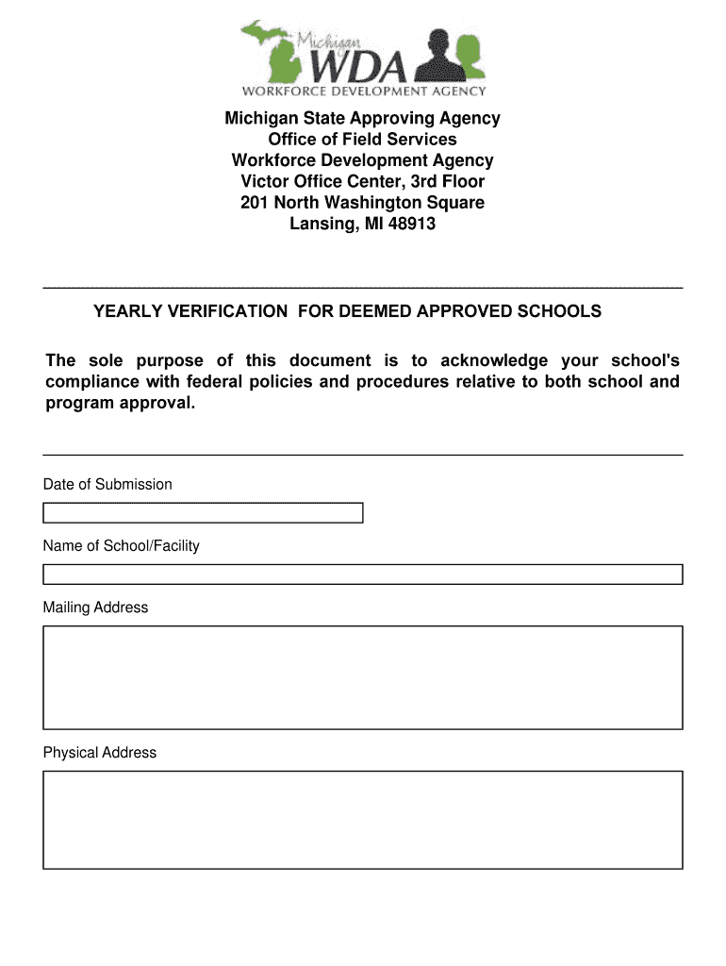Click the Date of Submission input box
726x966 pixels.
pos(203,513)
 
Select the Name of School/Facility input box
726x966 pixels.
pos(362,575)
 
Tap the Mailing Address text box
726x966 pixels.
pos(362,677)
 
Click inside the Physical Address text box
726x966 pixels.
pos(362,820)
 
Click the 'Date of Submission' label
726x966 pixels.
pos(107,485)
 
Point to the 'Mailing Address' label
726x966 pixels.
pos(95,608)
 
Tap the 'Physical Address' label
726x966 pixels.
pos(100,753)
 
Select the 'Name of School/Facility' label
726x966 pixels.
pos(121,546)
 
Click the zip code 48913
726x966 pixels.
pos(413,225)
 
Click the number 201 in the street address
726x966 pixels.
pos(256,203)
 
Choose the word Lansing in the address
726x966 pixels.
pos(318,225)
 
